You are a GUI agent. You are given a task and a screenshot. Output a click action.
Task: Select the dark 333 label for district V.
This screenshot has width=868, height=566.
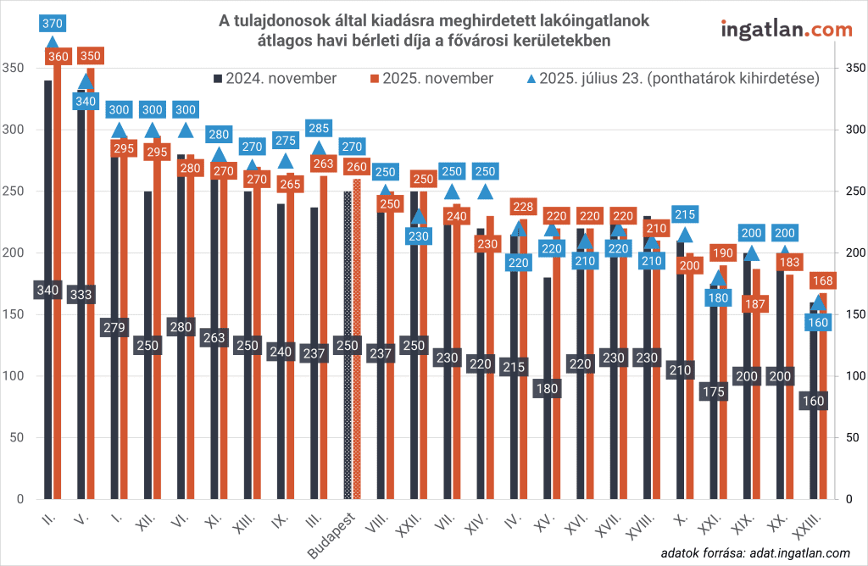pos(81,295)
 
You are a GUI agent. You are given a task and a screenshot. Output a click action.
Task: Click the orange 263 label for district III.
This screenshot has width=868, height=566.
pos(322,164)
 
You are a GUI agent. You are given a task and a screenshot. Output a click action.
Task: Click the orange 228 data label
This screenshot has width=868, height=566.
pos(523,207)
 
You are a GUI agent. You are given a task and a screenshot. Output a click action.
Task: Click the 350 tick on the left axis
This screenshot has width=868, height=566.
pos(14,68)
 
